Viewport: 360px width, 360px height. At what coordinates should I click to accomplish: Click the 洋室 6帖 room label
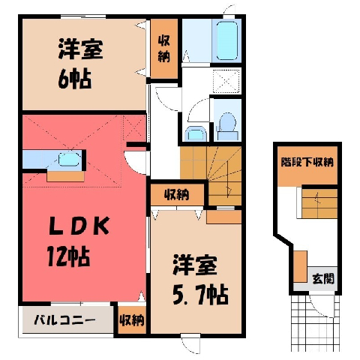(x=80, y=64)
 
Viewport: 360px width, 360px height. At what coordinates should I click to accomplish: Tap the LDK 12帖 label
(x=78, y=241)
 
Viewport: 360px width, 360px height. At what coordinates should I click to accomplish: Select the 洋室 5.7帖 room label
(x=200, y=280)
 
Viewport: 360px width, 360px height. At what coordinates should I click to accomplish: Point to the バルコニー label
(x=64, y=320)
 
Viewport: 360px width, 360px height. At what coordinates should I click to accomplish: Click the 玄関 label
(x=323, y=278)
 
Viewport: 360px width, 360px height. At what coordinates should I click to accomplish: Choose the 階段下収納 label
(x=307, y=162)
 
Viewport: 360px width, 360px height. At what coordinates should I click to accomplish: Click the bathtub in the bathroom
(x=226, y=40)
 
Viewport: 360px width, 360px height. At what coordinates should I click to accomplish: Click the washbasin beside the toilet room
(x=196, y=134)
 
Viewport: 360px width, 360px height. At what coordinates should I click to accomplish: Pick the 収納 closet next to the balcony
(x=132, y=320)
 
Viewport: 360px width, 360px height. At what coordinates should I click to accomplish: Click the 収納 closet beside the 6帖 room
(x=163, y=49)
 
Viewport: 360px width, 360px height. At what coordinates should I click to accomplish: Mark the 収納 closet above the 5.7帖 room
(x=177, y=195)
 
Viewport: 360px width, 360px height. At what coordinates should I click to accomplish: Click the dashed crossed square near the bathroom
(x=226, y=81)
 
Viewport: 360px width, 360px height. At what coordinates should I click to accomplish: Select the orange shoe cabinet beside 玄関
(x=300, y=267)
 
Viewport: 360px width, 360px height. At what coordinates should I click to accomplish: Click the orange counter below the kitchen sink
(x=65, y=176)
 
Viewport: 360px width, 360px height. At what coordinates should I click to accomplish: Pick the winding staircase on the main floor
(x=211, y=175)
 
